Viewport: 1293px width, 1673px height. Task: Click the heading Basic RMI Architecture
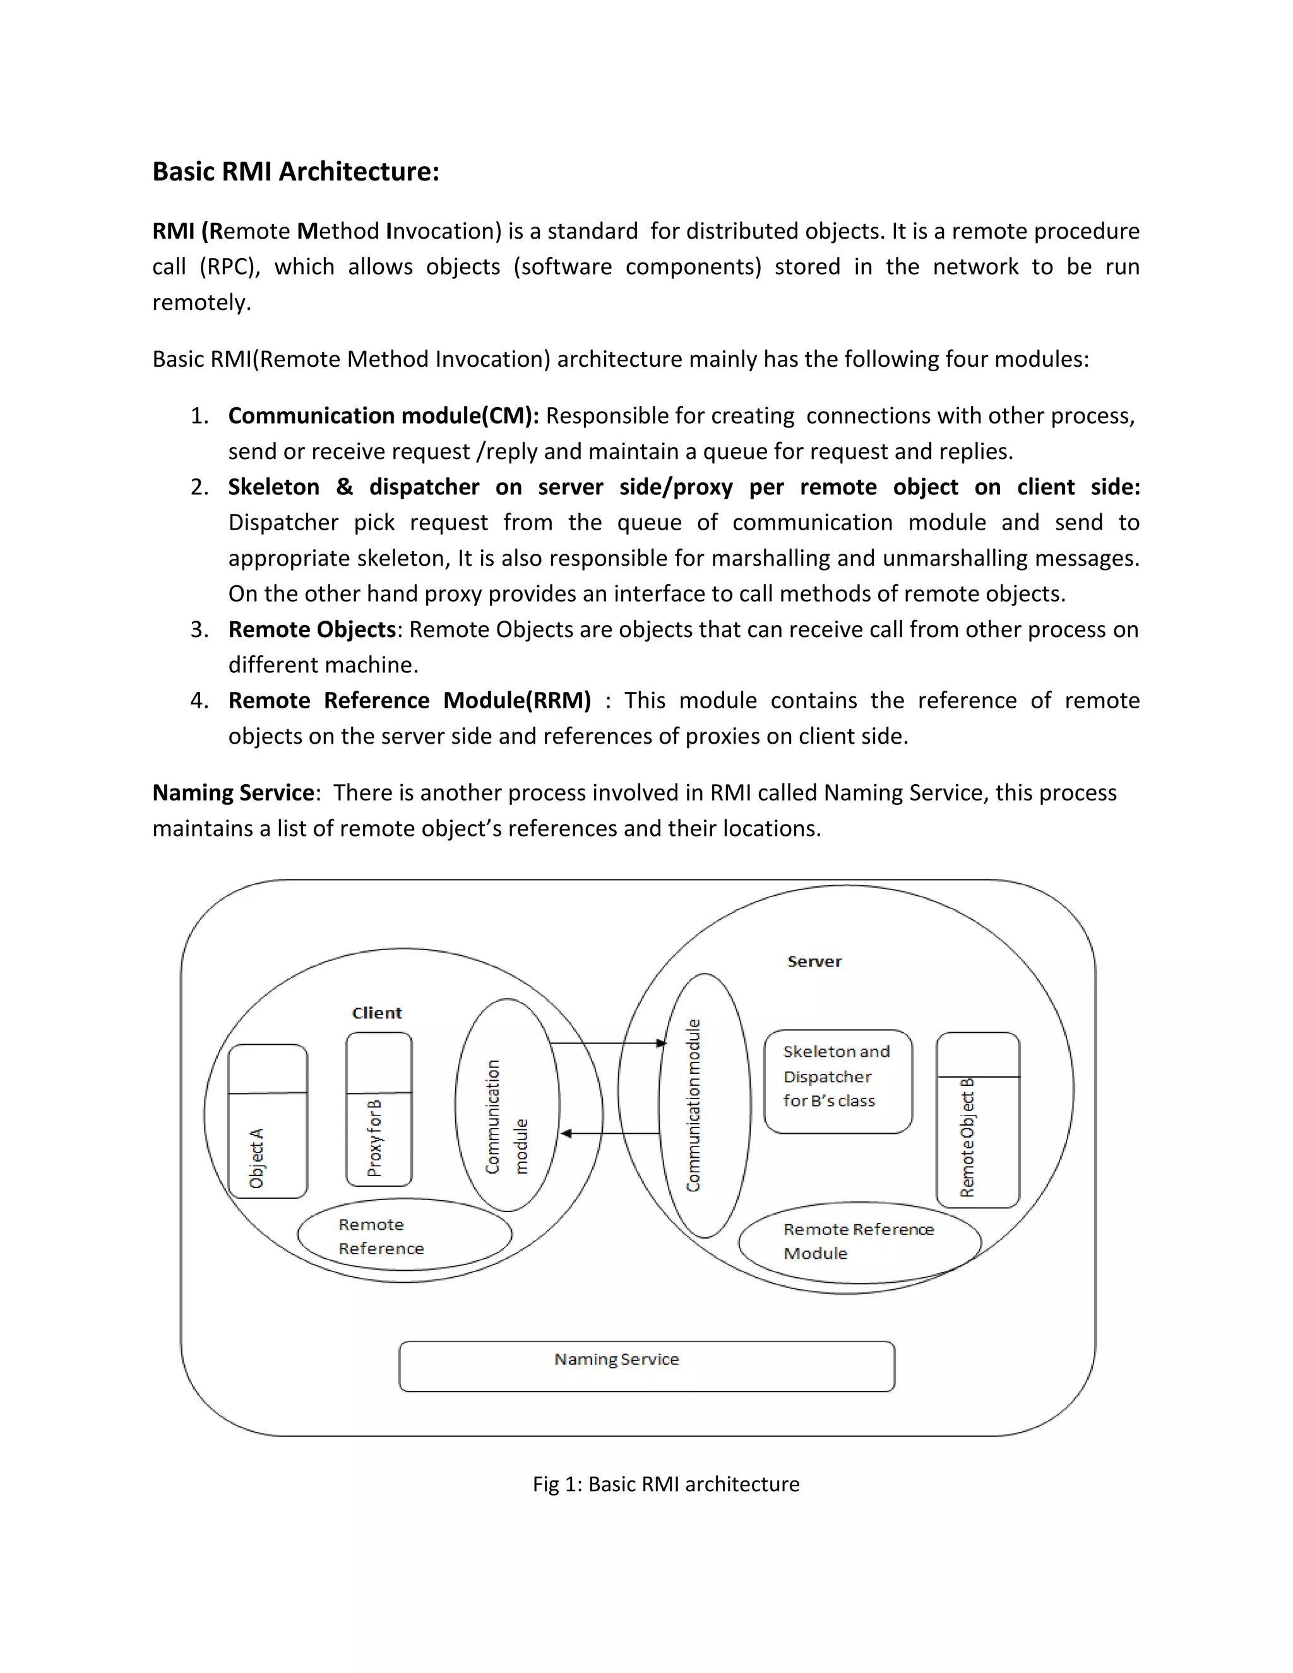[x=295, y=172]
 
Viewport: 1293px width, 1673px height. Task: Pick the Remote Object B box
[x=977, y=1119]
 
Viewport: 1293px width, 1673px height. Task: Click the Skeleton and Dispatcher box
[x=838, y=1081]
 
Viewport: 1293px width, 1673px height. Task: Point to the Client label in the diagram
[x=377, y=1013]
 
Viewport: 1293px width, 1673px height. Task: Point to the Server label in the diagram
[x=814, y=962]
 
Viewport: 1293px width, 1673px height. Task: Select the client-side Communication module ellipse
[x=507, y=1105]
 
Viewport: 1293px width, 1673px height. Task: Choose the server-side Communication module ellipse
[x=704, y=1105]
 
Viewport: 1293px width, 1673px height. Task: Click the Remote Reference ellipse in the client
[x=405, y=1235]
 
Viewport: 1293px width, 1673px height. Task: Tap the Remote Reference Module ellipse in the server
[x=859, y=1242]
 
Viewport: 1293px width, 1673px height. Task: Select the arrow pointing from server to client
[x=611, y=1133]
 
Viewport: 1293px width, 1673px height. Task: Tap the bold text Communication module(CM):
[x=383, y=416]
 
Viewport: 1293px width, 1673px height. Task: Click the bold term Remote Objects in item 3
[x=312, y=629]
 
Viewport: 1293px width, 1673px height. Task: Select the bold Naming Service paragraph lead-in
[x=234, y=793]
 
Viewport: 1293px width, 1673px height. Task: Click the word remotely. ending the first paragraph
[x=201, y=302]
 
